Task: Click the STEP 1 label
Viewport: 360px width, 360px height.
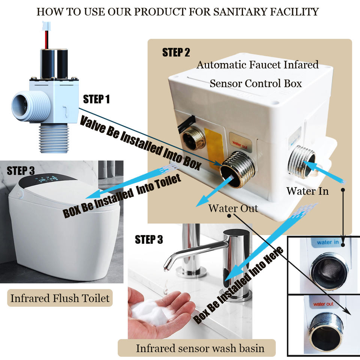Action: pyautogui.click(x=96, y=99)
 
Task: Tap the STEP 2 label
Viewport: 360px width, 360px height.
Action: pyautogui.click(x=176, y=52)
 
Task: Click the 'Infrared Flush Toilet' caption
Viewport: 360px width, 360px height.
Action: pyautogui.click(x=60, y=298)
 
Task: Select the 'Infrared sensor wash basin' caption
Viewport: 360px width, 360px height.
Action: pyautogui.click(x=200, y=348)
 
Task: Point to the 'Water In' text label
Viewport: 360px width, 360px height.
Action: pyautogui.click(x=307, y=191)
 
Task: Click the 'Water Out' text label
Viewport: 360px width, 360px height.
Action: pyautogui.click(x=233, y=208)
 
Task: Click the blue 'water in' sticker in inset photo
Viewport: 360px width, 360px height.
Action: pyautogui.click(x=327, y=242)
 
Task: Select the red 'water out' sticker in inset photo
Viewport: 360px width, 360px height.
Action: pyautogui.click(x=323, y=304)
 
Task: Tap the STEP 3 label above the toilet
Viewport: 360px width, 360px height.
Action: pyautogui.click(x=21, y=171)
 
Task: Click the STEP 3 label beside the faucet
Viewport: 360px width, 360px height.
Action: pyautogui.click(x=149, y=240)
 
